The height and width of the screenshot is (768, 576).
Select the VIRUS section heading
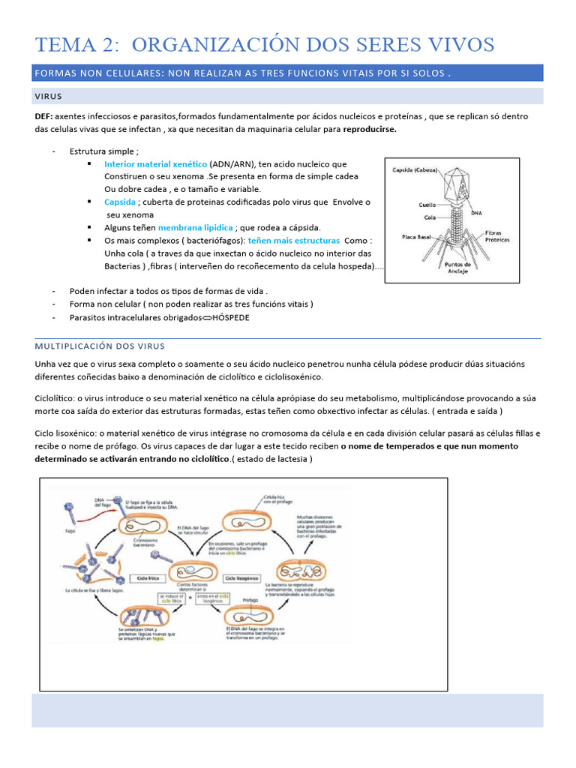(x=49, y=97)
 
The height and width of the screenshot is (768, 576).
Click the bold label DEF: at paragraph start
(x=44, y=116)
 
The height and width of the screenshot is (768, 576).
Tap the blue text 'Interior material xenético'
(x=155, y=164)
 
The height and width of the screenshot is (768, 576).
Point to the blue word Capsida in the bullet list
(x=120, y=202)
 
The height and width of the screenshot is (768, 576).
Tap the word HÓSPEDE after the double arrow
(x=231, y=317)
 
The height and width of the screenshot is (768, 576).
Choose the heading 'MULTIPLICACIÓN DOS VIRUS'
(x=100, y=346)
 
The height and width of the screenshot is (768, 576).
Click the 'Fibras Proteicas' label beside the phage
(x=497, y=236)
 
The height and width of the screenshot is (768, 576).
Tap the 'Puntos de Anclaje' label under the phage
(x=457, y=268)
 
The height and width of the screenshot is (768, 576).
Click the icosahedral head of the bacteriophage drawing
(x=457, y=183)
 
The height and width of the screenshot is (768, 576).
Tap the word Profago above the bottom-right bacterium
(x=252, y=601)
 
